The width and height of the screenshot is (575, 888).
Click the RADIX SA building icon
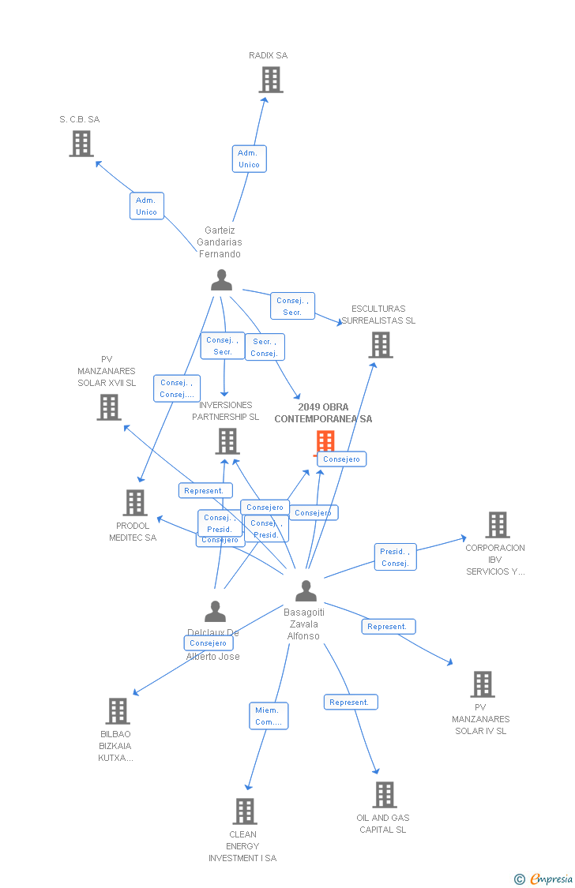click(x=271, y=80)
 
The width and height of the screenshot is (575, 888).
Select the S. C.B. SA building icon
click(x=81, y=144)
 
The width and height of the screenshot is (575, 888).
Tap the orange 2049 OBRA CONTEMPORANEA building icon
click(x=325, y=443)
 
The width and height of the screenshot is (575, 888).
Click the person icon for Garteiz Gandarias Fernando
click(x=222, y=280)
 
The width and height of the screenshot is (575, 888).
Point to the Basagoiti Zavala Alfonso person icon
click(x=306, y=590)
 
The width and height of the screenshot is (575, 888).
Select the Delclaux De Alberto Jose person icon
click(x=215, y=611)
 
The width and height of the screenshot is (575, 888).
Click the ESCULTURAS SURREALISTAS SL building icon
click(x=381, y=345)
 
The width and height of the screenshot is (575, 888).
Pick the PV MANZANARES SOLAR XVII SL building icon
click(x=109, y=407)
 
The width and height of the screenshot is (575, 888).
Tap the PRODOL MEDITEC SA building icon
click(x=135, y=503)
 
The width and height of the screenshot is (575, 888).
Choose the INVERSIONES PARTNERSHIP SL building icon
click(x=227, y=441)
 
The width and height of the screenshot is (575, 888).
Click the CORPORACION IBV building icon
click(x=497, y=525)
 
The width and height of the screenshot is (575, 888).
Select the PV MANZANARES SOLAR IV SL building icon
click(x=482, y=684)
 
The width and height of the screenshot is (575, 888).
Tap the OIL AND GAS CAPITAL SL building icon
click(x=385, y=795)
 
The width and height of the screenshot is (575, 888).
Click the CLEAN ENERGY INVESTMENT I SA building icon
click(x=245, y=811)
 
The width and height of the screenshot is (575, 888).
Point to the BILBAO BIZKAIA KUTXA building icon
click(x=118, y=711)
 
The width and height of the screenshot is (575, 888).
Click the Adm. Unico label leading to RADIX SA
click(x=249, y=159)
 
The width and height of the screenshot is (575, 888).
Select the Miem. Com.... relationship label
click(x=269, y=716)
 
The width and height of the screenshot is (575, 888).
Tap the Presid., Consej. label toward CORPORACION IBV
click(x=395, y=557)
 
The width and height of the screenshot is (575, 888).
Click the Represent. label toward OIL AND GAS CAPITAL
click(x=350, y=703)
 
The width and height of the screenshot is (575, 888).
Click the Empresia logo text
click(x=551, y=879)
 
